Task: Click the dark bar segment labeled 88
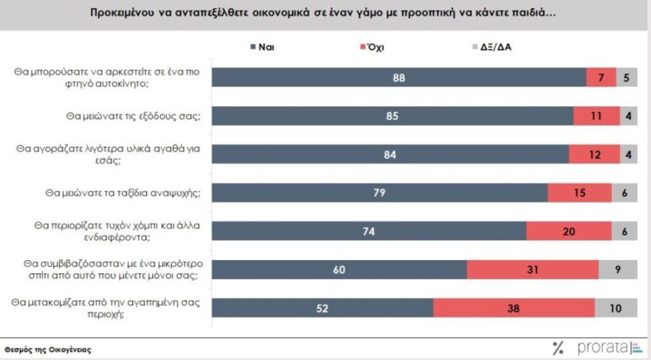[399, 77]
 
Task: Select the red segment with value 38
[514, 308]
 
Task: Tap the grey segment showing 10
[615, 308]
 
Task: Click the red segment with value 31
[532, 270]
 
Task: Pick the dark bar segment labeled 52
[322, 308]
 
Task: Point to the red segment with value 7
[601, 77]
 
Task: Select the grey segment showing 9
[617, 270]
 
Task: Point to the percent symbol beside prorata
[558, 347]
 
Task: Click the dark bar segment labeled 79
[380, 193]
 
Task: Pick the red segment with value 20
[568, 232]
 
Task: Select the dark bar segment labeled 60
[339, 270]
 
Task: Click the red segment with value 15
[579, 193]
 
